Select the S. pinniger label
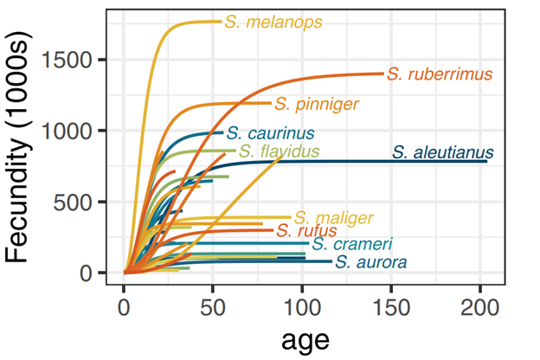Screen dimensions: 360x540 316,105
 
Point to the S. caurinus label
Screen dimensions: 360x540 270,134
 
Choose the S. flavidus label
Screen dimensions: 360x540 279,152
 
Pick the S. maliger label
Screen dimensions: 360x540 333,217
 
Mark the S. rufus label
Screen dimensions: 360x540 306,231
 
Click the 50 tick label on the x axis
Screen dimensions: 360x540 213,308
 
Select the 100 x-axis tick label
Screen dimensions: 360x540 302,308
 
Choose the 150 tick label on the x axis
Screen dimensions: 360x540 391,308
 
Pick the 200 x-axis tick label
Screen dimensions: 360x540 480,308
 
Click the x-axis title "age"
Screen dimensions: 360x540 305,340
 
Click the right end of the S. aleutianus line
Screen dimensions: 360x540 486,161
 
